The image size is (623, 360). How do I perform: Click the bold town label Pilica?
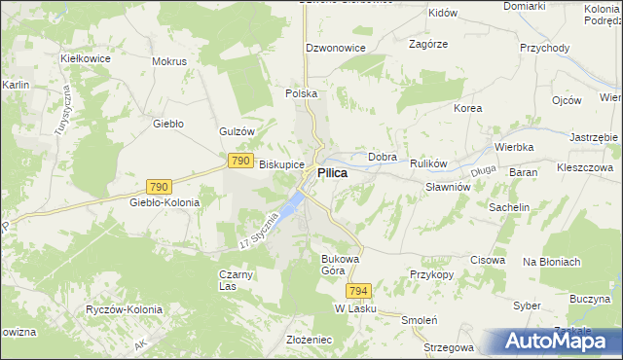332,172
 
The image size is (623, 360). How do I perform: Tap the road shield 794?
357,291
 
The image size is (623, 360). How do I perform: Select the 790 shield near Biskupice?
241,160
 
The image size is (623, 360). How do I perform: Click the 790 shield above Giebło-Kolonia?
160,186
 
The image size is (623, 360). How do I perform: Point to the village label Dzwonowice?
335,47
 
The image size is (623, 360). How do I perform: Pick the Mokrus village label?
169,60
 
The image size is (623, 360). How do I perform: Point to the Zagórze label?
428,45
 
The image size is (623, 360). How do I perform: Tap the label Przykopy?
431,274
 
